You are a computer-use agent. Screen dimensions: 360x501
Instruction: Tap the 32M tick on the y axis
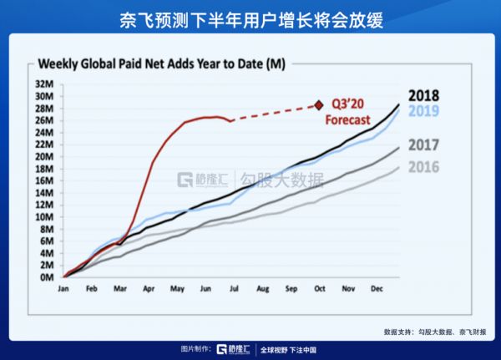[x=45, y=84]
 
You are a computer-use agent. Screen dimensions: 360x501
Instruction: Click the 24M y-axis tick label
[x=45, y=132]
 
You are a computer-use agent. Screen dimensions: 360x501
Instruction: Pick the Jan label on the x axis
[x=63, y=289]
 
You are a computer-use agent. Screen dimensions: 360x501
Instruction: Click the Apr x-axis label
[x=149, y=289]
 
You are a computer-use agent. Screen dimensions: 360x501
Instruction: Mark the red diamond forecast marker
[x=318, y=105]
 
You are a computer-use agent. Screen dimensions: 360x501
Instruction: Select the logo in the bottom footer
[x=234, y=349]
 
